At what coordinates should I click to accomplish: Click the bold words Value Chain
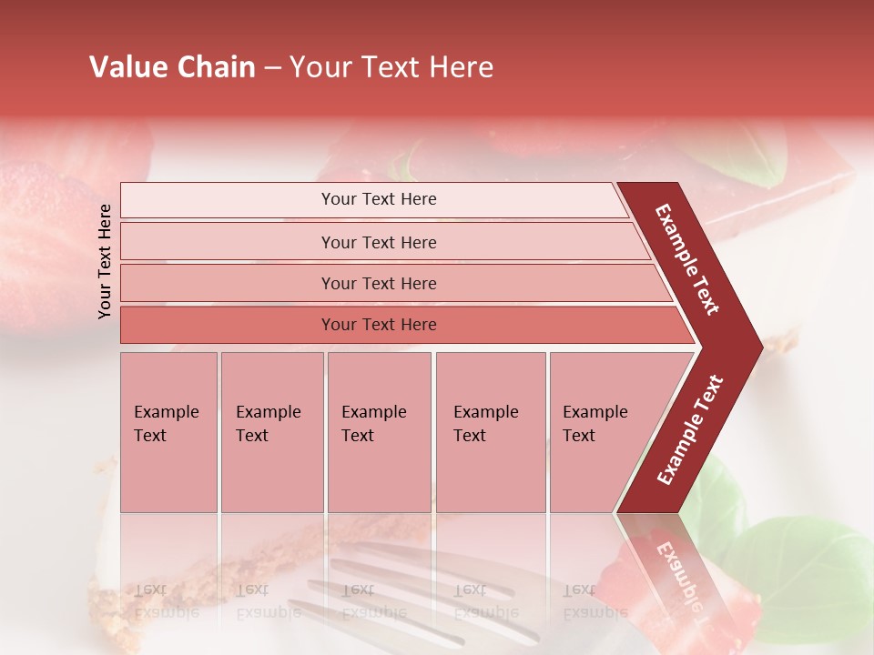(x=172, y=67)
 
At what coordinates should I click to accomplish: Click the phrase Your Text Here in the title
(x=391, y=67)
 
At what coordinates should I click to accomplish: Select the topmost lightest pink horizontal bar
(x=373, y=200)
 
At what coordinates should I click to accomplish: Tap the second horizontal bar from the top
(x=382, y=242)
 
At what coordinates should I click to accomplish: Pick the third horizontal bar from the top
(x=391, y=284)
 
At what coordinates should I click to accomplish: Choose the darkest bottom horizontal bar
(x=401, y=325)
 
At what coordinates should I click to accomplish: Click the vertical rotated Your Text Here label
(x=105, y=261)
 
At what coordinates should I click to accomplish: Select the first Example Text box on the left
(x=168, y=431)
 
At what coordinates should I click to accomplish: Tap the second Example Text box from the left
(x=271, y=431)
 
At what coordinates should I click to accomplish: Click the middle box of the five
(x=379, y=431)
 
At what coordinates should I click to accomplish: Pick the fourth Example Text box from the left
(x=490, y=431)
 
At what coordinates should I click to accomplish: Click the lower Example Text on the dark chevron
(x=689, y=429)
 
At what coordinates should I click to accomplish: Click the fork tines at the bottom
(x=410, y=582)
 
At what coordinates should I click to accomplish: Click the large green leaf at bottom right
(x=801, y=573)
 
